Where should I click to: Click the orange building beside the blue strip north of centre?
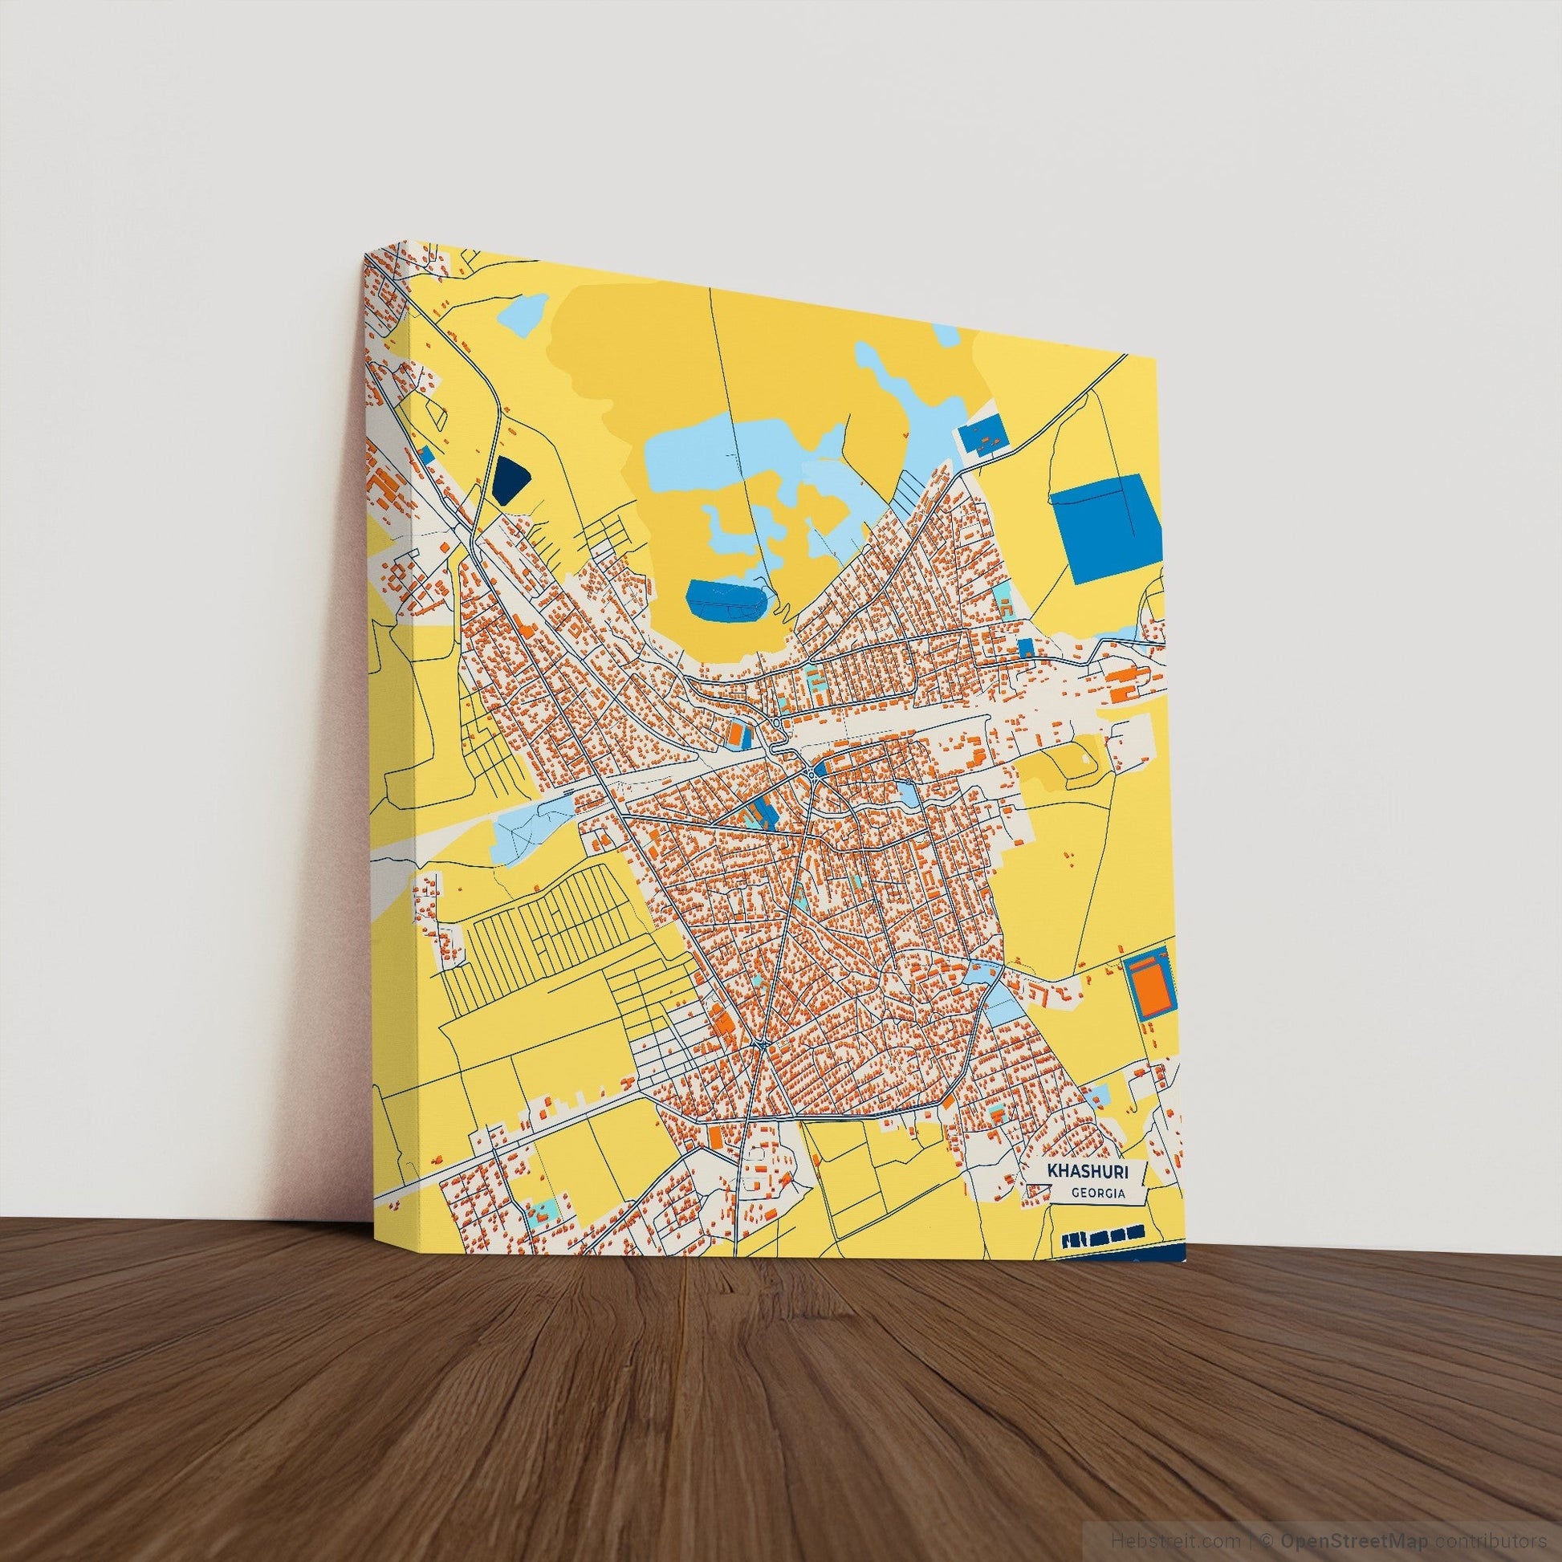tap(736, 734)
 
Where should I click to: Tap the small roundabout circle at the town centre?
tap(811, 775)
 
